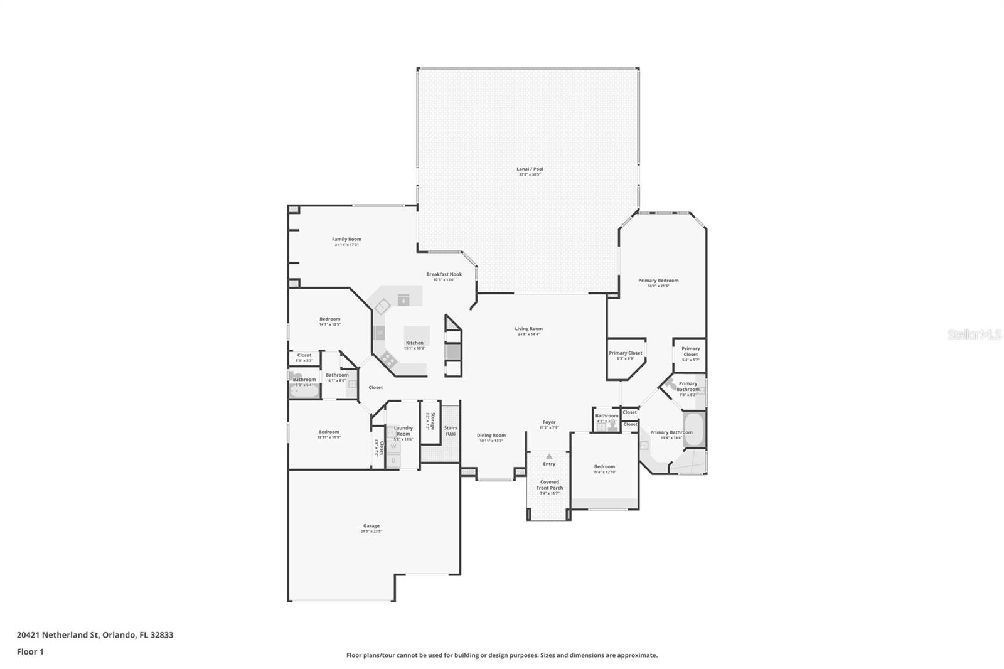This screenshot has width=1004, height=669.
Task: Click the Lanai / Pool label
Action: click(530, 169)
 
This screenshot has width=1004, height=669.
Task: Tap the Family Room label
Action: click(346, 239)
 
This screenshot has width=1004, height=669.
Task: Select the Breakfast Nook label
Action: click(444, 274)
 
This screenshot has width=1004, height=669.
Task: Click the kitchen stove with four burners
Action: click(388, 360)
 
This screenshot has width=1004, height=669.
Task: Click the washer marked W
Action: click(394, 447)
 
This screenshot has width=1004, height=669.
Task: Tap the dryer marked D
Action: click(394, 460)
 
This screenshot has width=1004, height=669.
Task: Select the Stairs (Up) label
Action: click(451, 431)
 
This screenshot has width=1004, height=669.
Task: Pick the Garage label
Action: click(371, 526)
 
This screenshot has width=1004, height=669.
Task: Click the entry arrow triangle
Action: click(549, 456)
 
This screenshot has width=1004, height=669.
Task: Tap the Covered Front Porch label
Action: click(549, 484)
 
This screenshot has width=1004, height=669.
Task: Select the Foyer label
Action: click(549, 422)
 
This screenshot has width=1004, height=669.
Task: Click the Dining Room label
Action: click(491, 435)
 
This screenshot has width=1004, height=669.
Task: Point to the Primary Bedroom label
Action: click(658, 281)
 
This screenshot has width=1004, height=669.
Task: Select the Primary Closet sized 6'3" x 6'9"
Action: click(626, 355)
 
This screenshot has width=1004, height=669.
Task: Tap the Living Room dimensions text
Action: click(528, 334)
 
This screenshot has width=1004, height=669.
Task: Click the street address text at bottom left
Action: click(95, 634)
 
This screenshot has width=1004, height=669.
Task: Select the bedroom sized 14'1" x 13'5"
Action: click(329, 321)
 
